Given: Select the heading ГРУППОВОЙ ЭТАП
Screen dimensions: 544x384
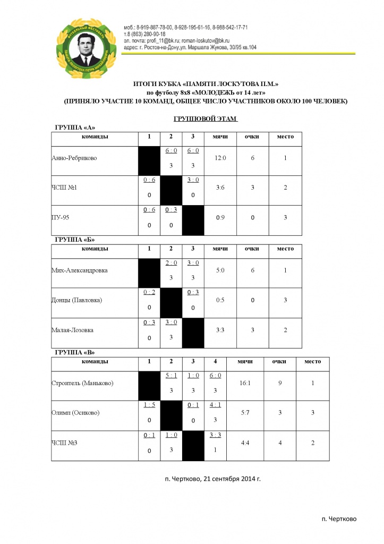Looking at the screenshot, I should (205, 120).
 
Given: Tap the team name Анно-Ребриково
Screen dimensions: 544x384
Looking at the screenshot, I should (75, 158).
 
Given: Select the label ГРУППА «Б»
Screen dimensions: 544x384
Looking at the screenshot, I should (75, 240).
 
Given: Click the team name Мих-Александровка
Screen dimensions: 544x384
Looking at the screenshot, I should (80, 270).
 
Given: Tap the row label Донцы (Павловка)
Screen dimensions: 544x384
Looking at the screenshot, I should (77, 300).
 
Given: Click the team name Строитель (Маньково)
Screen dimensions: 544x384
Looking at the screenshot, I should (83, 384).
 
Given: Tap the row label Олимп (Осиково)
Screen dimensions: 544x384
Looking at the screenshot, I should (75, 413).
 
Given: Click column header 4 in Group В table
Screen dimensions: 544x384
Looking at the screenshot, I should (215, 362).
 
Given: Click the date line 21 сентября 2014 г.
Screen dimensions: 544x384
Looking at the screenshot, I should (213, 478).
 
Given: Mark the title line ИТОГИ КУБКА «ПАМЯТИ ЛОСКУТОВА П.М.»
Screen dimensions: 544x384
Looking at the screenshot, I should (205, 84).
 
